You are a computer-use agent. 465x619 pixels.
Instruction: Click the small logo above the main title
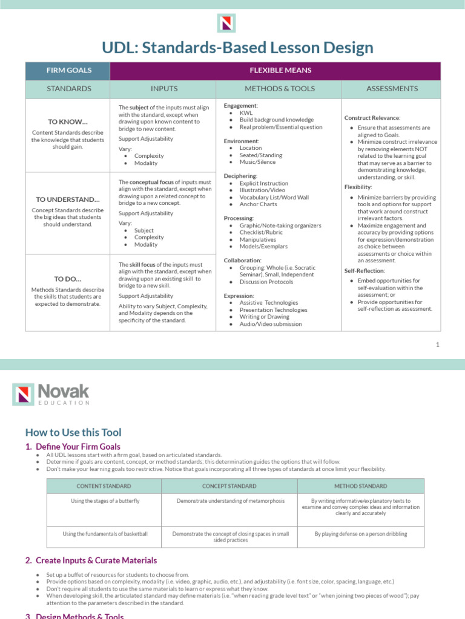[226, 23]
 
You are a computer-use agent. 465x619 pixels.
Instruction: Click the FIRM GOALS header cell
[69, 70]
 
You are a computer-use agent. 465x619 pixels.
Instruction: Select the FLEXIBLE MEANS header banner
[280, 70]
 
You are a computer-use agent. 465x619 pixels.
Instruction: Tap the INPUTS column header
[164, 89]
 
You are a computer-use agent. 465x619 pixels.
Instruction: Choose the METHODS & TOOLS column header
[280, 89]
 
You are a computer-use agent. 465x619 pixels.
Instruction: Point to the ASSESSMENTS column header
[392, 89]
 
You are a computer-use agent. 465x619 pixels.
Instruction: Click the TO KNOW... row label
[68, 121]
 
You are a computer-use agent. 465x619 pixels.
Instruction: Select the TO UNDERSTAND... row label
[68, 199]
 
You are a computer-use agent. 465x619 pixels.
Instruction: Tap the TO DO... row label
[68, 279]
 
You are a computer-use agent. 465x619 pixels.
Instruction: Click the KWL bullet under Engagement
[246, 113]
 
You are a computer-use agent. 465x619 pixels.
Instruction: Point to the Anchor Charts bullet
[259, 204]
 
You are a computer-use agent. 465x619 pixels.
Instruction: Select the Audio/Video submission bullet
[270, 324]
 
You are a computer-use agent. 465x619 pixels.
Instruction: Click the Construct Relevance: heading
[372, 117]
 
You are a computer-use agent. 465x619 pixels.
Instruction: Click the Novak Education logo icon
[24, 395]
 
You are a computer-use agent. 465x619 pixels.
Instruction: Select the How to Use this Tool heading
[73, 432]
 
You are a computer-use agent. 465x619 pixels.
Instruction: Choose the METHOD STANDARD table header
[361, 486]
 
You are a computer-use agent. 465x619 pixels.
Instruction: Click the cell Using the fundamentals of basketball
[105, 534]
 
